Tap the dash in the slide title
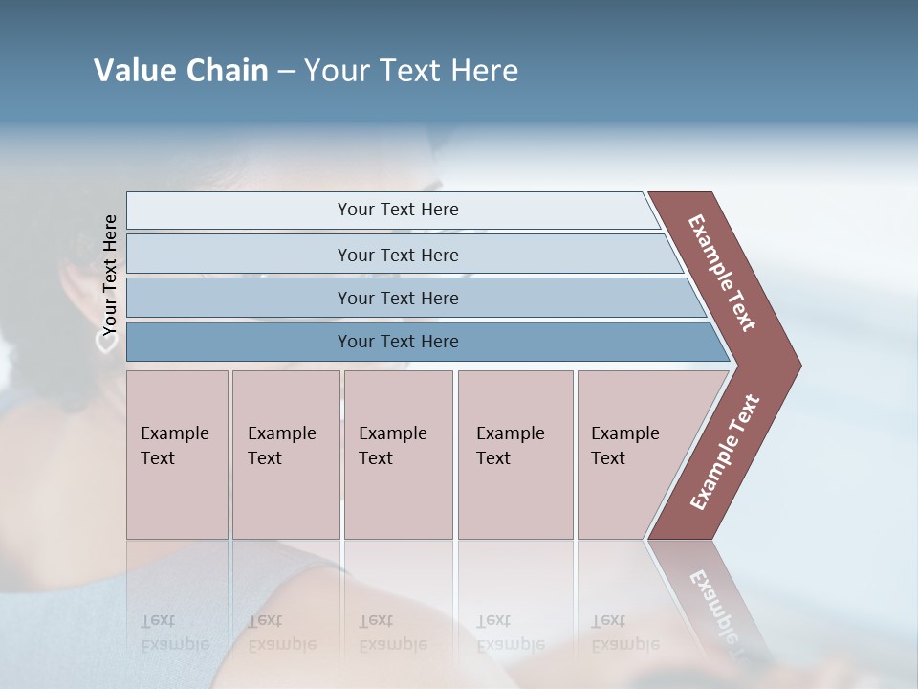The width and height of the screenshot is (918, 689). (286, 72)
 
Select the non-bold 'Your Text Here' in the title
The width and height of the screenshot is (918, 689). (411, 71)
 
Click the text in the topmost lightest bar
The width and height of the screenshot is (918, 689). (398, 210)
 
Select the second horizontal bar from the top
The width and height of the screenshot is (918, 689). (398, 255)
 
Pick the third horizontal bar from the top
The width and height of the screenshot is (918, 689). (398, 298)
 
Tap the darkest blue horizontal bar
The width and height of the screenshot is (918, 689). (398, 342)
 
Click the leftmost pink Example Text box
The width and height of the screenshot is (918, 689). (177, 455)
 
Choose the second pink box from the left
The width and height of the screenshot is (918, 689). (285, 455)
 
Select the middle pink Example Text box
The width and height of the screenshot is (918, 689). (398, 455)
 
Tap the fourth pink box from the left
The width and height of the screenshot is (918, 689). (514, 455)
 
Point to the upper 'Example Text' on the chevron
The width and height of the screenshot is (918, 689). (722, 273)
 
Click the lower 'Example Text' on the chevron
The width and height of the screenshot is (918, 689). (725, 453)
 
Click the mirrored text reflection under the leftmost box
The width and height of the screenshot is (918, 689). (175, 632)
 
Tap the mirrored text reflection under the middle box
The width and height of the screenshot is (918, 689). (393, 632)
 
